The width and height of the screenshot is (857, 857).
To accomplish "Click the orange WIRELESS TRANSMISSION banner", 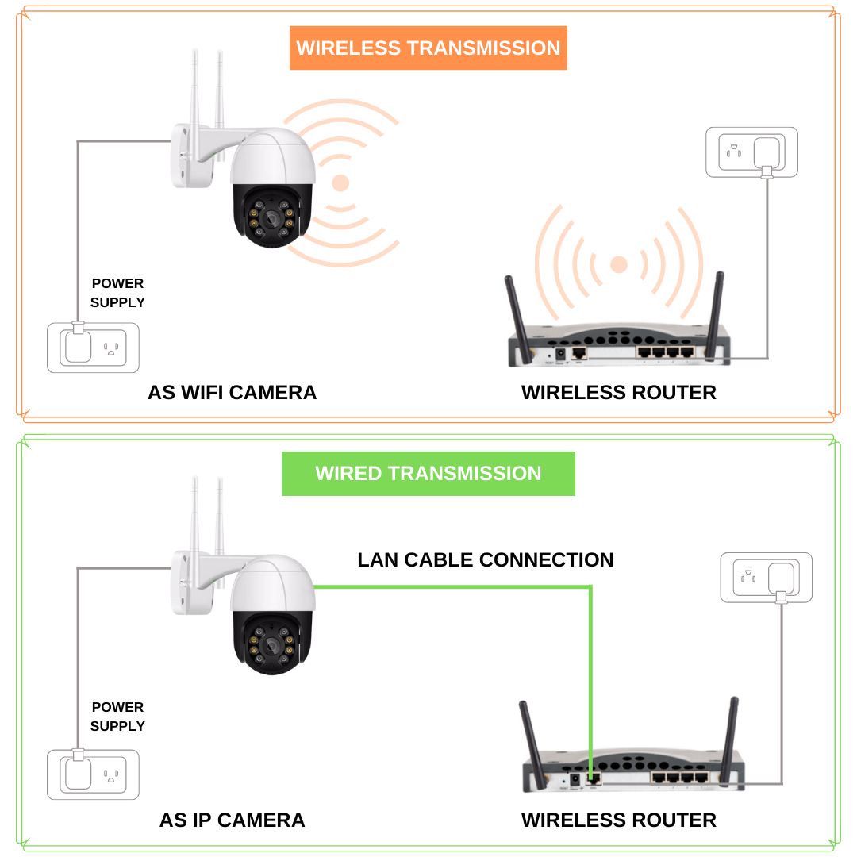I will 428,48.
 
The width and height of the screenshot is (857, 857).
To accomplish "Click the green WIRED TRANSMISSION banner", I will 428,474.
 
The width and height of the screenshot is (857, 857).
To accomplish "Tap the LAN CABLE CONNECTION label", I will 485,559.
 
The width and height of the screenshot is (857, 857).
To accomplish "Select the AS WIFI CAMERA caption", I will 232,392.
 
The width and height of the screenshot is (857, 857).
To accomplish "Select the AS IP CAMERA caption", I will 232,820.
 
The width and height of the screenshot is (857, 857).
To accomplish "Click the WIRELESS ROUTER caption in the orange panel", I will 618,392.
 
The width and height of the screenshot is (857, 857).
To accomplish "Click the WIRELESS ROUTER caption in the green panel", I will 618,820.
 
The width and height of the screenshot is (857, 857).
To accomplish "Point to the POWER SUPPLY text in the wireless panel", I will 117,293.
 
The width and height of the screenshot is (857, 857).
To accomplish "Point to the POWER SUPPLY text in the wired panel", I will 117,717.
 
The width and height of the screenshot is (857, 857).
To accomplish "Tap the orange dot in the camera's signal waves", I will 340,183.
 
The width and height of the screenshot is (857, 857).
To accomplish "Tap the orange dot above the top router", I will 618,264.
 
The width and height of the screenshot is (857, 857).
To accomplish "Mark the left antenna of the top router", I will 518,313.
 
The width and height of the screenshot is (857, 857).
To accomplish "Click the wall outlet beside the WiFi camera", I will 94,348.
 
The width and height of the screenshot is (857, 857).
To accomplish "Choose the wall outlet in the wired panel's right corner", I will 766,577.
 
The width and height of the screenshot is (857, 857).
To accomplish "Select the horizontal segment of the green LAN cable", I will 452,587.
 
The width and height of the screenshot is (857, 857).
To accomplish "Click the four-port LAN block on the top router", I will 665,351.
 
